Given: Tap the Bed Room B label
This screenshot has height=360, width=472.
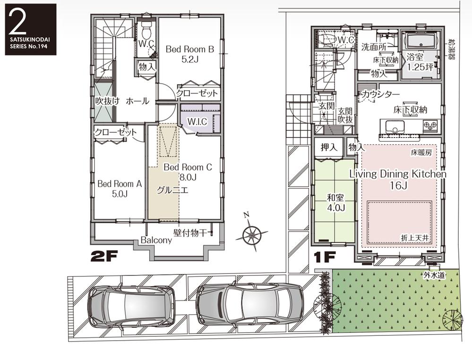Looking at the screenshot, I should pos(189,49).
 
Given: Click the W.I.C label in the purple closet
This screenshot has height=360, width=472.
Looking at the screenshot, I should pos(197,122).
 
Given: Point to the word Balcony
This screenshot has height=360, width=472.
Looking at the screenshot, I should pos(156,240).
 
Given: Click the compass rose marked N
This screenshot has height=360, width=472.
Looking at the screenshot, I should pos(252,233).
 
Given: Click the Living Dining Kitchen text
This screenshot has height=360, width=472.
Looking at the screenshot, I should pos(397,174).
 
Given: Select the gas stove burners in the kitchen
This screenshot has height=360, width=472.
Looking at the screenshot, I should pos(430,126).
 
